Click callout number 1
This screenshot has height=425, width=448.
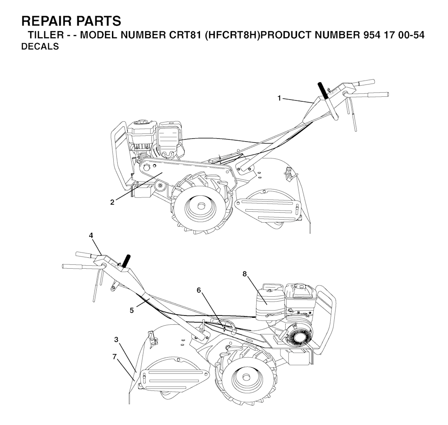tap(279, 98)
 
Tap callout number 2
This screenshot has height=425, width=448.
tap(112, 202)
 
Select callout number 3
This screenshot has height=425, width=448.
tap(116, 340)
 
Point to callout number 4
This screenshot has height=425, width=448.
tap(91, 235)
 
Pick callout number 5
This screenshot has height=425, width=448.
tap(132, 310)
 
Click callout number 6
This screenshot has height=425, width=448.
tap(199, 290)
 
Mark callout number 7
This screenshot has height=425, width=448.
tap(115, 357)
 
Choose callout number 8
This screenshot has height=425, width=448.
tap(244, 274)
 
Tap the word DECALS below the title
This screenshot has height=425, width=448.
tap(40, 46)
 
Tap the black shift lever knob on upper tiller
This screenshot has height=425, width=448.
tap(323, 90)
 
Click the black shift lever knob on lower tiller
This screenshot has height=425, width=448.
tap(126, 261)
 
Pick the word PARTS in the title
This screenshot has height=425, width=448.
tap(98, 21)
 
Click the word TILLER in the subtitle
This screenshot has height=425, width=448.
tap(46, 35)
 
